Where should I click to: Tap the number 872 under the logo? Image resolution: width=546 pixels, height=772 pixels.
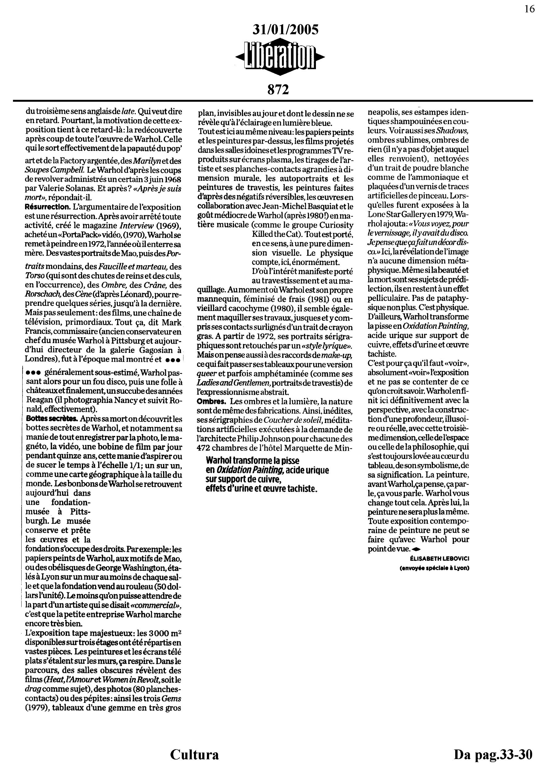pos(278,90)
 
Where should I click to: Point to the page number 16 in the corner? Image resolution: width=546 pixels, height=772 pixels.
pos(529,9)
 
